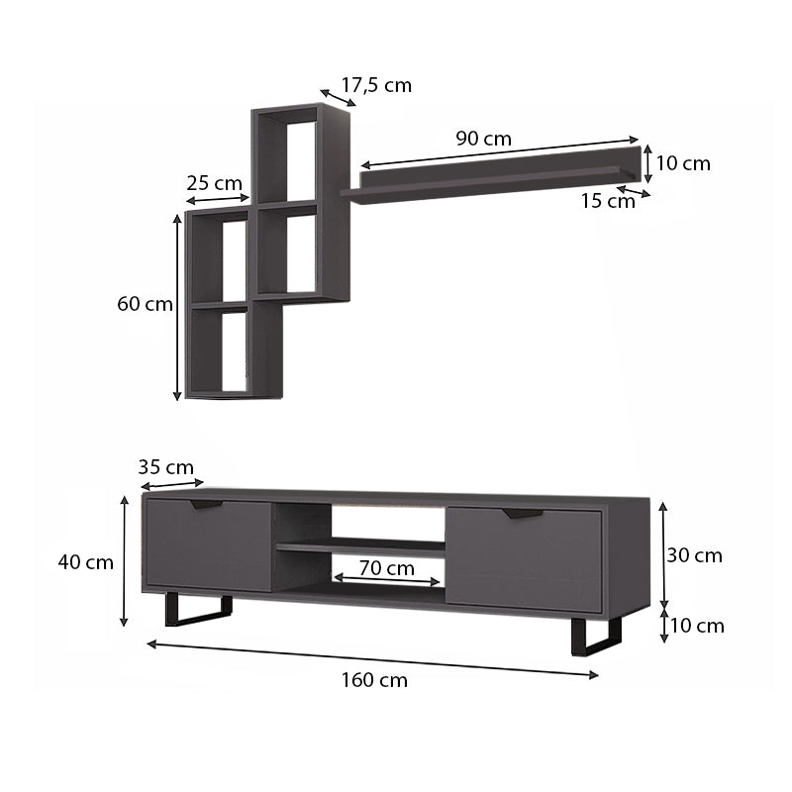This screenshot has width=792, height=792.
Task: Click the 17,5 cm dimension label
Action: (376, 85)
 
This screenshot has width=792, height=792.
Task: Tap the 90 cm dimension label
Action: (483, 139)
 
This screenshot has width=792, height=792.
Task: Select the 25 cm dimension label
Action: (214, 183)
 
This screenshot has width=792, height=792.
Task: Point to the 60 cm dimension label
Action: (145, 304)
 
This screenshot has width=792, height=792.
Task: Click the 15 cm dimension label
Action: (607, 201)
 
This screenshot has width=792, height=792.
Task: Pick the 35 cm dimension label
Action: (165, 467)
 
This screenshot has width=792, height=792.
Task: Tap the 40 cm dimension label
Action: (85, 562)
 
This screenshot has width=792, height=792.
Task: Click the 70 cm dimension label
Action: (387, 568)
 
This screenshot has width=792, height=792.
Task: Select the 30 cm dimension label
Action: (694, 555)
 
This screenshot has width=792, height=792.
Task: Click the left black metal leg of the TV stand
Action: (197, 614)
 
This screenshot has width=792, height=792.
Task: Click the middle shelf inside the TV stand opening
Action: (360, 545)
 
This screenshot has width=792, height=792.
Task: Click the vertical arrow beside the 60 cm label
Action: (177, 304)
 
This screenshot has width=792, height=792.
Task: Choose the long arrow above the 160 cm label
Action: (373, 659)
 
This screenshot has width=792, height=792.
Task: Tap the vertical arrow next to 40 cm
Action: (125, 561)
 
